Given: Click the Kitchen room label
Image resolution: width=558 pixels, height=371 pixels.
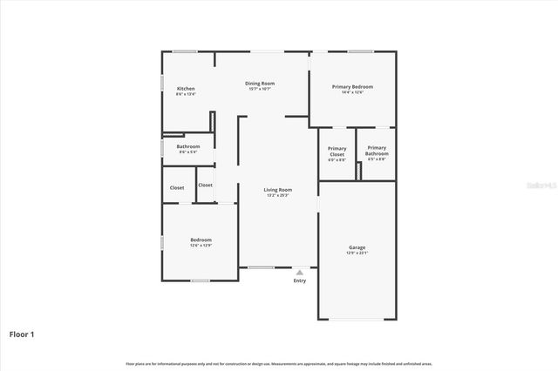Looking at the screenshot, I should [x=186, y=88].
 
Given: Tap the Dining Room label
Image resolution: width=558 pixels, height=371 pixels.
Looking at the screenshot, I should [x=260, y=83].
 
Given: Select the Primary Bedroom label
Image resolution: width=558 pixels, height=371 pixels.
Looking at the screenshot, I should [x=352, y=86].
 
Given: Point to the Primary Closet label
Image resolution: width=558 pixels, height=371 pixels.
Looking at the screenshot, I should [x=337, y=148].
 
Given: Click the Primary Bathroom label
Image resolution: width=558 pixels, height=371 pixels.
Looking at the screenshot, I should [x=377, y=148].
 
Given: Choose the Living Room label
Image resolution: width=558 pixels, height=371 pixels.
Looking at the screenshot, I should [x=278, y=189].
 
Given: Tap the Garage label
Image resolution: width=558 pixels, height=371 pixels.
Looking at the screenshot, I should [x=357, y=246].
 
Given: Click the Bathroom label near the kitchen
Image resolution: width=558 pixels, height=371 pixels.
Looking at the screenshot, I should [x=188, y=146].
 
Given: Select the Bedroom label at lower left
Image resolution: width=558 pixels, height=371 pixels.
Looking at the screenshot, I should [x=201, y=239].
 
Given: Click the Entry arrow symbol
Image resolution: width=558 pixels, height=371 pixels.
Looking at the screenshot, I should [x=300, y=273].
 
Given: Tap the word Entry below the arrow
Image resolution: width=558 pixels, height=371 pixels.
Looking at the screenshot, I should [x=300, y=280].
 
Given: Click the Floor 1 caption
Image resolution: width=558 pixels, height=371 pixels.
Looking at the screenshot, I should [x=22, y=334].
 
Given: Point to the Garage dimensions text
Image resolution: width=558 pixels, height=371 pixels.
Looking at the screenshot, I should [x=357, y=253].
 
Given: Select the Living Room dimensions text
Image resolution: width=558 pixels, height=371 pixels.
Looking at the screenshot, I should [x=278, y=195].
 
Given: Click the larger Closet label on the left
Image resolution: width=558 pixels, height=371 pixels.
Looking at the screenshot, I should [x=177, y=187].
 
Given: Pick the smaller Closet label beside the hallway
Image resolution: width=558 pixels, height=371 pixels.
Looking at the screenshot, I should [x=205, y=185].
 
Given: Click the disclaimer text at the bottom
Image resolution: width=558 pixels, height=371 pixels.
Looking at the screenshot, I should [x=279, y=363].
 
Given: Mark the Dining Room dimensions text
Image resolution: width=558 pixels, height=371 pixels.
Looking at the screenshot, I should [x=260, y=89].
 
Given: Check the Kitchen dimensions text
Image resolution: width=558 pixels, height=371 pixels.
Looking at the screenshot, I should [x=186, y=94].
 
